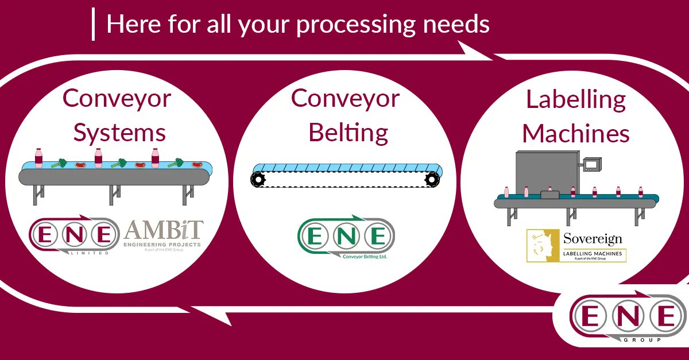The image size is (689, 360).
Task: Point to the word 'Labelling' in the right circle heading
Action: pyautogui.click(x=576, y=100)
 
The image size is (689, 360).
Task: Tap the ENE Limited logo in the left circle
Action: pyautogui.click(x=73, y=235)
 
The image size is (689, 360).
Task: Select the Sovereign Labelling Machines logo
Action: pyautogui.click(x=576, y=246)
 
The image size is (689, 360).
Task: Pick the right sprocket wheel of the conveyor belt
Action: pyautogui.click(x=432, y=180)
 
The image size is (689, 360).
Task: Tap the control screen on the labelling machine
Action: pyautogui.click(x=591, y=165)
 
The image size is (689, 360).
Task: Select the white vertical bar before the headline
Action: pyautogui.click(x=93, y=25)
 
